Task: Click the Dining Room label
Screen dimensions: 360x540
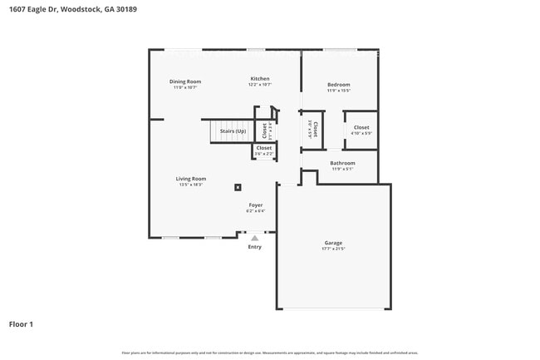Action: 185,81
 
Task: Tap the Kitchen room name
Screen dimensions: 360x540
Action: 260,79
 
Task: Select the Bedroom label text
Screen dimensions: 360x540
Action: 338,85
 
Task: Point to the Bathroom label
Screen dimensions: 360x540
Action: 342,163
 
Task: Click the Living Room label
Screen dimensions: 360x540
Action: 190,179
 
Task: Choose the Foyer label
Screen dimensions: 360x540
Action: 256,205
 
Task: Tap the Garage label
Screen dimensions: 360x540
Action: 333,243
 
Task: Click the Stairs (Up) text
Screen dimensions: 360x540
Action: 233,131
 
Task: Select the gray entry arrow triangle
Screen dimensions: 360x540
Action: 255,238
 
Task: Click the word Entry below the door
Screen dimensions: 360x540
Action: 255,246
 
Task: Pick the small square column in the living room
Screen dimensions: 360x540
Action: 238,187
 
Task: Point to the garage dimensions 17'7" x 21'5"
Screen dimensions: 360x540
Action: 333,249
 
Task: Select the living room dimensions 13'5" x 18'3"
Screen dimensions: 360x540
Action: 190,185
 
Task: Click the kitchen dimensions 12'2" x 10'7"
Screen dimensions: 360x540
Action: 260,85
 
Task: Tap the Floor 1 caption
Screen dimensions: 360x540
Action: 21,323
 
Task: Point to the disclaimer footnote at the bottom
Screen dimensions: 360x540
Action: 270,353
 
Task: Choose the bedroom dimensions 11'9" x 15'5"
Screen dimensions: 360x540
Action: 338,91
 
